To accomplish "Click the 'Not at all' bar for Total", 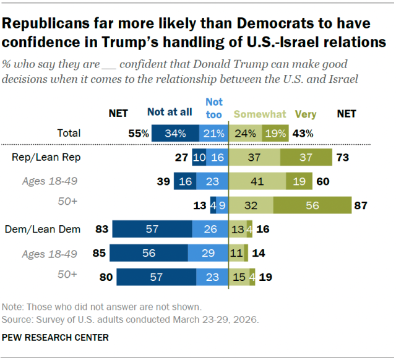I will [175, 133].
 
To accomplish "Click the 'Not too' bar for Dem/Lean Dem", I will [210, 229].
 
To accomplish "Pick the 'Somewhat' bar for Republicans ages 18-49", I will [257, 181].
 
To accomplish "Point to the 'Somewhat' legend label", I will [260, 114].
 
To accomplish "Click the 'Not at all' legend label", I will [170, 113].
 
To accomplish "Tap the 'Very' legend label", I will [306, 114].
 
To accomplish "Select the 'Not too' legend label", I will [213, 108].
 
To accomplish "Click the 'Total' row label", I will [68, 133].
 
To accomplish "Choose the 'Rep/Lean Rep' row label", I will [46, 157].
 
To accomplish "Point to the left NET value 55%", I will [139, 133].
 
